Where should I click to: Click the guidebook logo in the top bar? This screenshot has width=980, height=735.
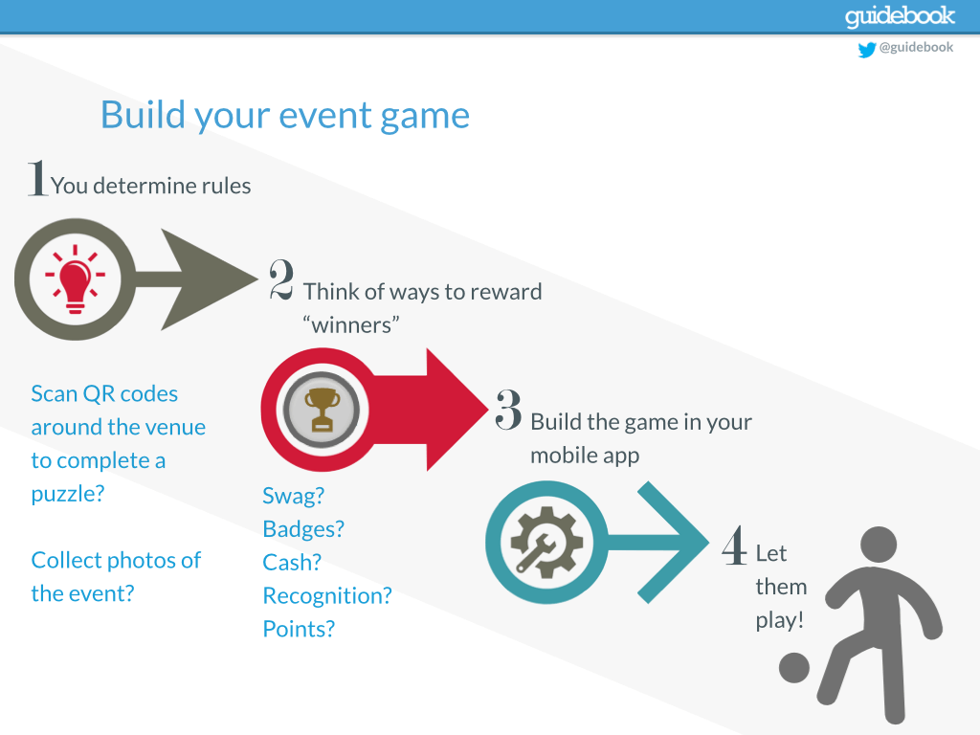pyautogui.click(x=900, y=16)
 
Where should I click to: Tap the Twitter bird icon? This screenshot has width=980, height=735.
pyautogui.click(x=867, y=49)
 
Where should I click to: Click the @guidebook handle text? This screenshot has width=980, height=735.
pyautogui.click(x=916, y=48)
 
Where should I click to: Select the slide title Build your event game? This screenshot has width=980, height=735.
pyautogui.click(x=285, y=115)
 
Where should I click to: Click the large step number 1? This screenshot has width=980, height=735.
pyautogui.click(x=37, y=179)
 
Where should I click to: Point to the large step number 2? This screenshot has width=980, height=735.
pyautogui.click(x=281, y=279)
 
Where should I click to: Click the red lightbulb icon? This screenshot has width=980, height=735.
pyautogui.click(x=76, y=279)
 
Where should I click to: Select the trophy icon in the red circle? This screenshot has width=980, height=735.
pyautogui.click(x=319, y=410)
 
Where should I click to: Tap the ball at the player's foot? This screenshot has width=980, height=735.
pyautogui.click(x=794, y=667)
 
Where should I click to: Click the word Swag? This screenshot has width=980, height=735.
pyautogui.click(x=293, y=496)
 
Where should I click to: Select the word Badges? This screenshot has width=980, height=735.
pyautogui.click(x=303, y=529)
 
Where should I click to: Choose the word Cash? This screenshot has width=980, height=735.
pyautogui.click(x=292, y=562)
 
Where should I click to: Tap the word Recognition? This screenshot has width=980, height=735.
pyautogui.click(x=327, y=595)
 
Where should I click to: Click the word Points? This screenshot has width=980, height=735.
pyautogui.click(x=299, y=629)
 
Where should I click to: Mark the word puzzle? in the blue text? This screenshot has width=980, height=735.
pyautogui.click(x=67, y=494)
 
